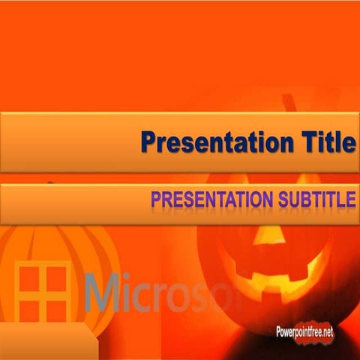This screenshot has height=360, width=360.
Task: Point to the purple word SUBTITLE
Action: pos(314,199)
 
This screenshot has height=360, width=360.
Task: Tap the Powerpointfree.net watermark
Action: pos(304,331)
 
